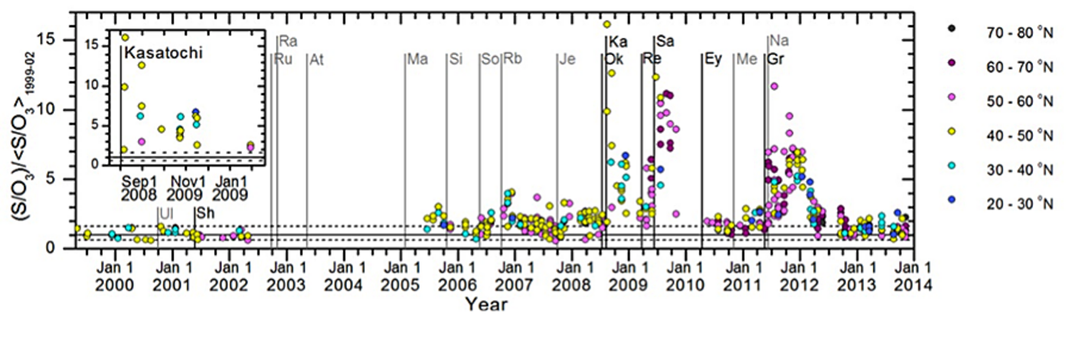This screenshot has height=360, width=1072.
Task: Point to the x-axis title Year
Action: click(487, 304)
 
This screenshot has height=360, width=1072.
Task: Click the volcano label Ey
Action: click(713, 59)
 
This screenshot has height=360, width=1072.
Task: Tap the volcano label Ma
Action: click(417, 59)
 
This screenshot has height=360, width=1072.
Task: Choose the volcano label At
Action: click(316, 59)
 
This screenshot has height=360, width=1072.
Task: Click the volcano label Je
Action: click(567, 59)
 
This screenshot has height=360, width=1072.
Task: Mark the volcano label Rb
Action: click(512, 59)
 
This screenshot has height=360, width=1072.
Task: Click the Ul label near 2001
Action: click(166, 213)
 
